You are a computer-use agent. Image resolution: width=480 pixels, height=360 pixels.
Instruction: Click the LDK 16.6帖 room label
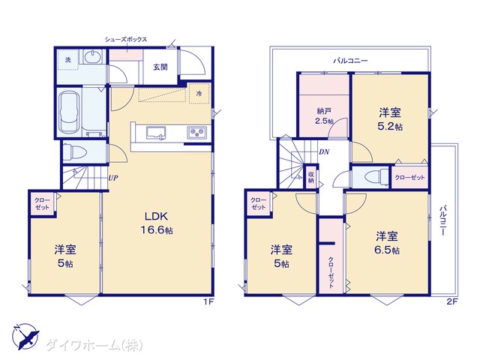pos(157,223)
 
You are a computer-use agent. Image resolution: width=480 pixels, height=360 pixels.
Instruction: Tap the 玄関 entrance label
pos(160,67)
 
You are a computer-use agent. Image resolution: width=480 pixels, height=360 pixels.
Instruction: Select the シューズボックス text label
pos(126,40)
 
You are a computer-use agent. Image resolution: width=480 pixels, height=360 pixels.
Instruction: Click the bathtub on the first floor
pos(69,113)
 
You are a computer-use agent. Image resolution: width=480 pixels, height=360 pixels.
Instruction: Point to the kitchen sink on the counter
pos(156,133)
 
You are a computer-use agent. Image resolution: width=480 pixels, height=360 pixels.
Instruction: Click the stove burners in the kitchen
pos(196,133)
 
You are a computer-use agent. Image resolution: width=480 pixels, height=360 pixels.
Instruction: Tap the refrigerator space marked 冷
pos(199,93)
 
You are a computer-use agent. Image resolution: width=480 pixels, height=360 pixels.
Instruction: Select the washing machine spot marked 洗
pos(68,60)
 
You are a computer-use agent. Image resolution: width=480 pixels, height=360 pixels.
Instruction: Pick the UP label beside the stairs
pos(113,178)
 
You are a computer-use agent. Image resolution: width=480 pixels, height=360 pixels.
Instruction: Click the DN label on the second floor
pos(324,151)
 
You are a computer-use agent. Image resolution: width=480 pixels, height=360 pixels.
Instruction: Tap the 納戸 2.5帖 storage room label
pos(324,116)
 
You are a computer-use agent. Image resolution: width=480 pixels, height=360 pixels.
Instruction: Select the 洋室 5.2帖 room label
pos(390,119)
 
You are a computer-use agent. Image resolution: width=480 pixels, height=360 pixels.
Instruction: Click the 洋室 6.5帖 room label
pos(387,243)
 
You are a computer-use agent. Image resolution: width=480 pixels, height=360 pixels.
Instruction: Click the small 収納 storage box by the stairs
pos(311,177)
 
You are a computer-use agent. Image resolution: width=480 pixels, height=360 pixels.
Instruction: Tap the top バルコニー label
pos(350,61)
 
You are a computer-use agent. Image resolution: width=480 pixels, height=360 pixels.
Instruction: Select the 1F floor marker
pos(208,301)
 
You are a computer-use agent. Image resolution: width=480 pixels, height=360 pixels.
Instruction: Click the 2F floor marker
pos(451,301)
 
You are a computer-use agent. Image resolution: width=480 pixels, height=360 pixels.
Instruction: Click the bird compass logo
pos(25,337)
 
